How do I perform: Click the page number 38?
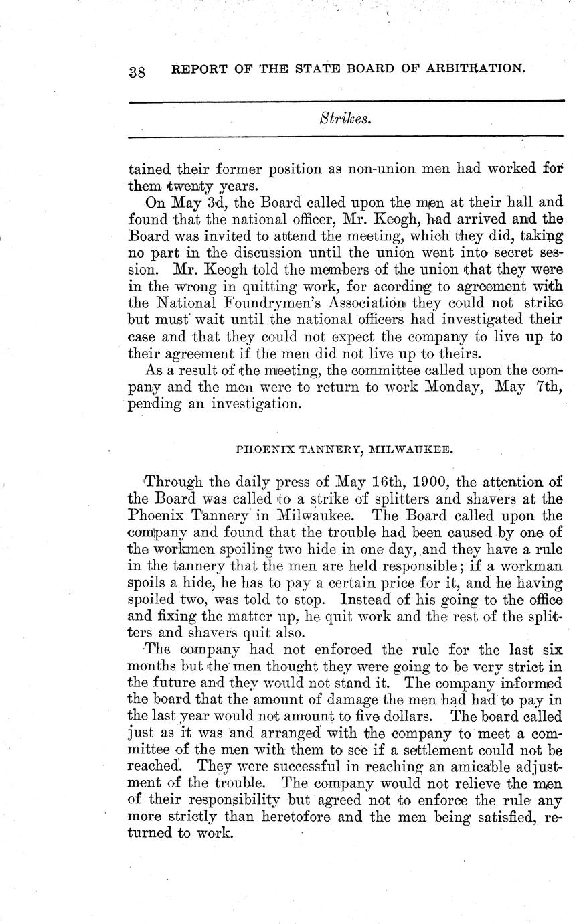point(137,72)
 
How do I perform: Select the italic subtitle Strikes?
point(345,119)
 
